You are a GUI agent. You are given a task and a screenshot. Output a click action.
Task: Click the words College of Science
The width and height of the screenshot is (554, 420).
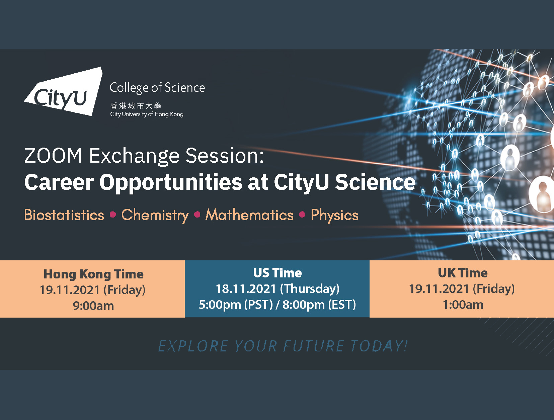(157, 88)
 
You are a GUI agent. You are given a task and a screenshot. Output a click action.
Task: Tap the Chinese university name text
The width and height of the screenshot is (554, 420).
(136, 106)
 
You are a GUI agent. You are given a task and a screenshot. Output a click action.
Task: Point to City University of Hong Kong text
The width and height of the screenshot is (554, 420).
(147, 114)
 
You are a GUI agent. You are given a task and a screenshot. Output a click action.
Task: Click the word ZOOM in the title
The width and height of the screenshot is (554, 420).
(53, 156)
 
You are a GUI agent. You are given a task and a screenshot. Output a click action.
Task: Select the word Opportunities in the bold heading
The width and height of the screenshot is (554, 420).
(171, 182)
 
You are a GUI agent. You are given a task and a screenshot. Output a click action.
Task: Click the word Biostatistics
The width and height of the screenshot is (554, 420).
(64, 215)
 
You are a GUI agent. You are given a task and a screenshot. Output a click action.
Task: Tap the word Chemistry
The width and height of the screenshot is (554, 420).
(155, 215)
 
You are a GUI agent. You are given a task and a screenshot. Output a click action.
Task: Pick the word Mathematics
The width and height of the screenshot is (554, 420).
(249, 215)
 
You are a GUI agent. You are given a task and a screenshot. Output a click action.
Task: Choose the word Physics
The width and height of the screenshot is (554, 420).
(334, 215)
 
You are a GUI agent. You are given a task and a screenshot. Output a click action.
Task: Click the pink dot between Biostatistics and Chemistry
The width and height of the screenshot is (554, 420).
(113, 215)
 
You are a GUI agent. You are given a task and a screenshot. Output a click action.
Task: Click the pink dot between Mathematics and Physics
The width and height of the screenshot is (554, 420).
(302, 215)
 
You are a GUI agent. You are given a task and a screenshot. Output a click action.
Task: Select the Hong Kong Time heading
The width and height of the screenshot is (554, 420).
(93, 274)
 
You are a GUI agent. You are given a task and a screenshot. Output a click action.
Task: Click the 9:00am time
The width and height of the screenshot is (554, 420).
(93, 306)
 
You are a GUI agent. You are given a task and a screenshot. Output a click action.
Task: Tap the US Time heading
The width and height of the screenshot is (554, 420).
(277, 273)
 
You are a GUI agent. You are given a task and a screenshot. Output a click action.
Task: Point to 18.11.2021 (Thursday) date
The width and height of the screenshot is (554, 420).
(277, 288)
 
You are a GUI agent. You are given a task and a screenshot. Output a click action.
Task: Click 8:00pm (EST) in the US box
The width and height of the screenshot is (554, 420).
(319, 305)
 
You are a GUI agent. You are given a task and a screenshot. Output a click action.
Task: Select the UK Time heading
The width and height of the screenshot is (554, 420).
(462, 273)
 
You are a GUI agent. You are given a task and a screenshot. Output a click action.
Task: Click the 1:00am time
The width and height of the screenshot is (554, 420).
(462, 305)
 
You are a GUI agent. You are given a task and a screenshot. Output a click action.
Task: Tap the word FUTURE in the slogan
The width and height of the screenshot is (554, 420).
(313, 346)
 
